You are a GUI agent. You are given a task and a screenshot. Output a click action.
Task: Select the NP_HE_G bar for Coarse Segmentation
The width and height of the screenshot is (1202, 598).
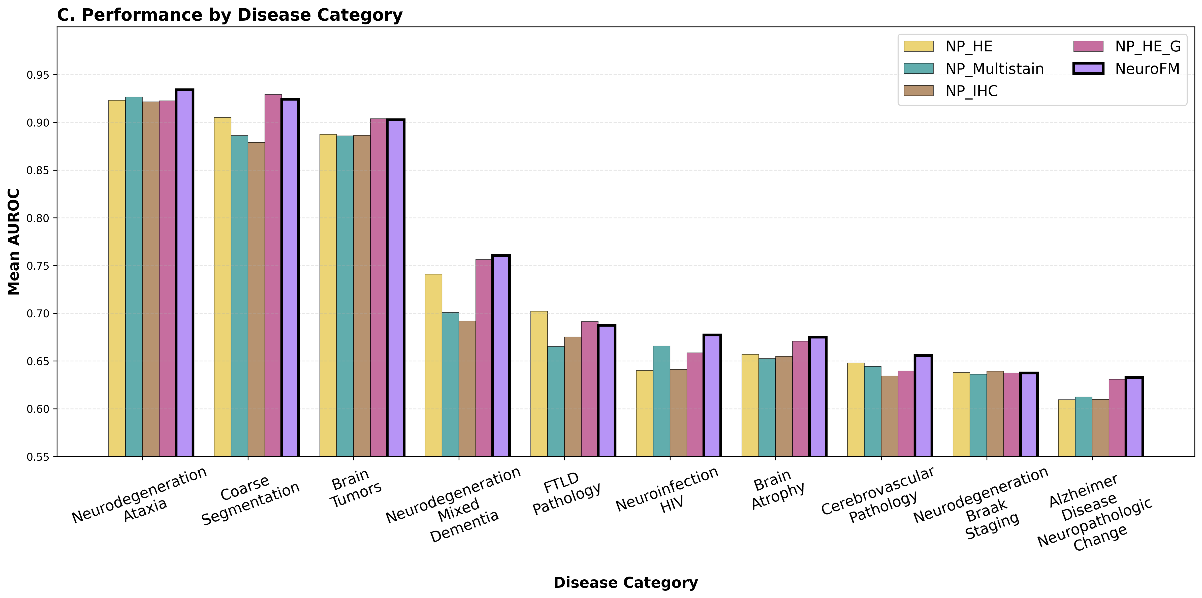coord(273,275)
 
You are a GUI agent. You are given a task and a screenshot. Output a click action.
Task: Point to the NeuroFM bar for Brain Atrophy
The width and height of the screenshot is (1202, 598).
coord(817,396)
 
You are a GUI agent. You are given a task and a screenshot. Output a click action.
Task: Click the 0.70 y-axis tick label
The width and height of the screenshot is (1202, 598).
coord(39,313)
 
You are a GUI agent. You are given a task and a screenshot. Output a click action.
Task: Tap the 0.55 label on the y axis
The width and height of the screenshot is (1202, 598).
coord(39,457)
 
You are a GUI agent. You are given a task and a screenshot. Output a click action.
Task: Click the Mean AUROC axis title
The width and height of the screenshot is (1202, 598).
coord(14,242)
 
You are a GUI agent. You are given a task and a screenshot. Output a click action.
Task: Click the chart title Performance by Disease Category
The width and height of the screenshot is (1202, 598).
coord(230,15)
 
